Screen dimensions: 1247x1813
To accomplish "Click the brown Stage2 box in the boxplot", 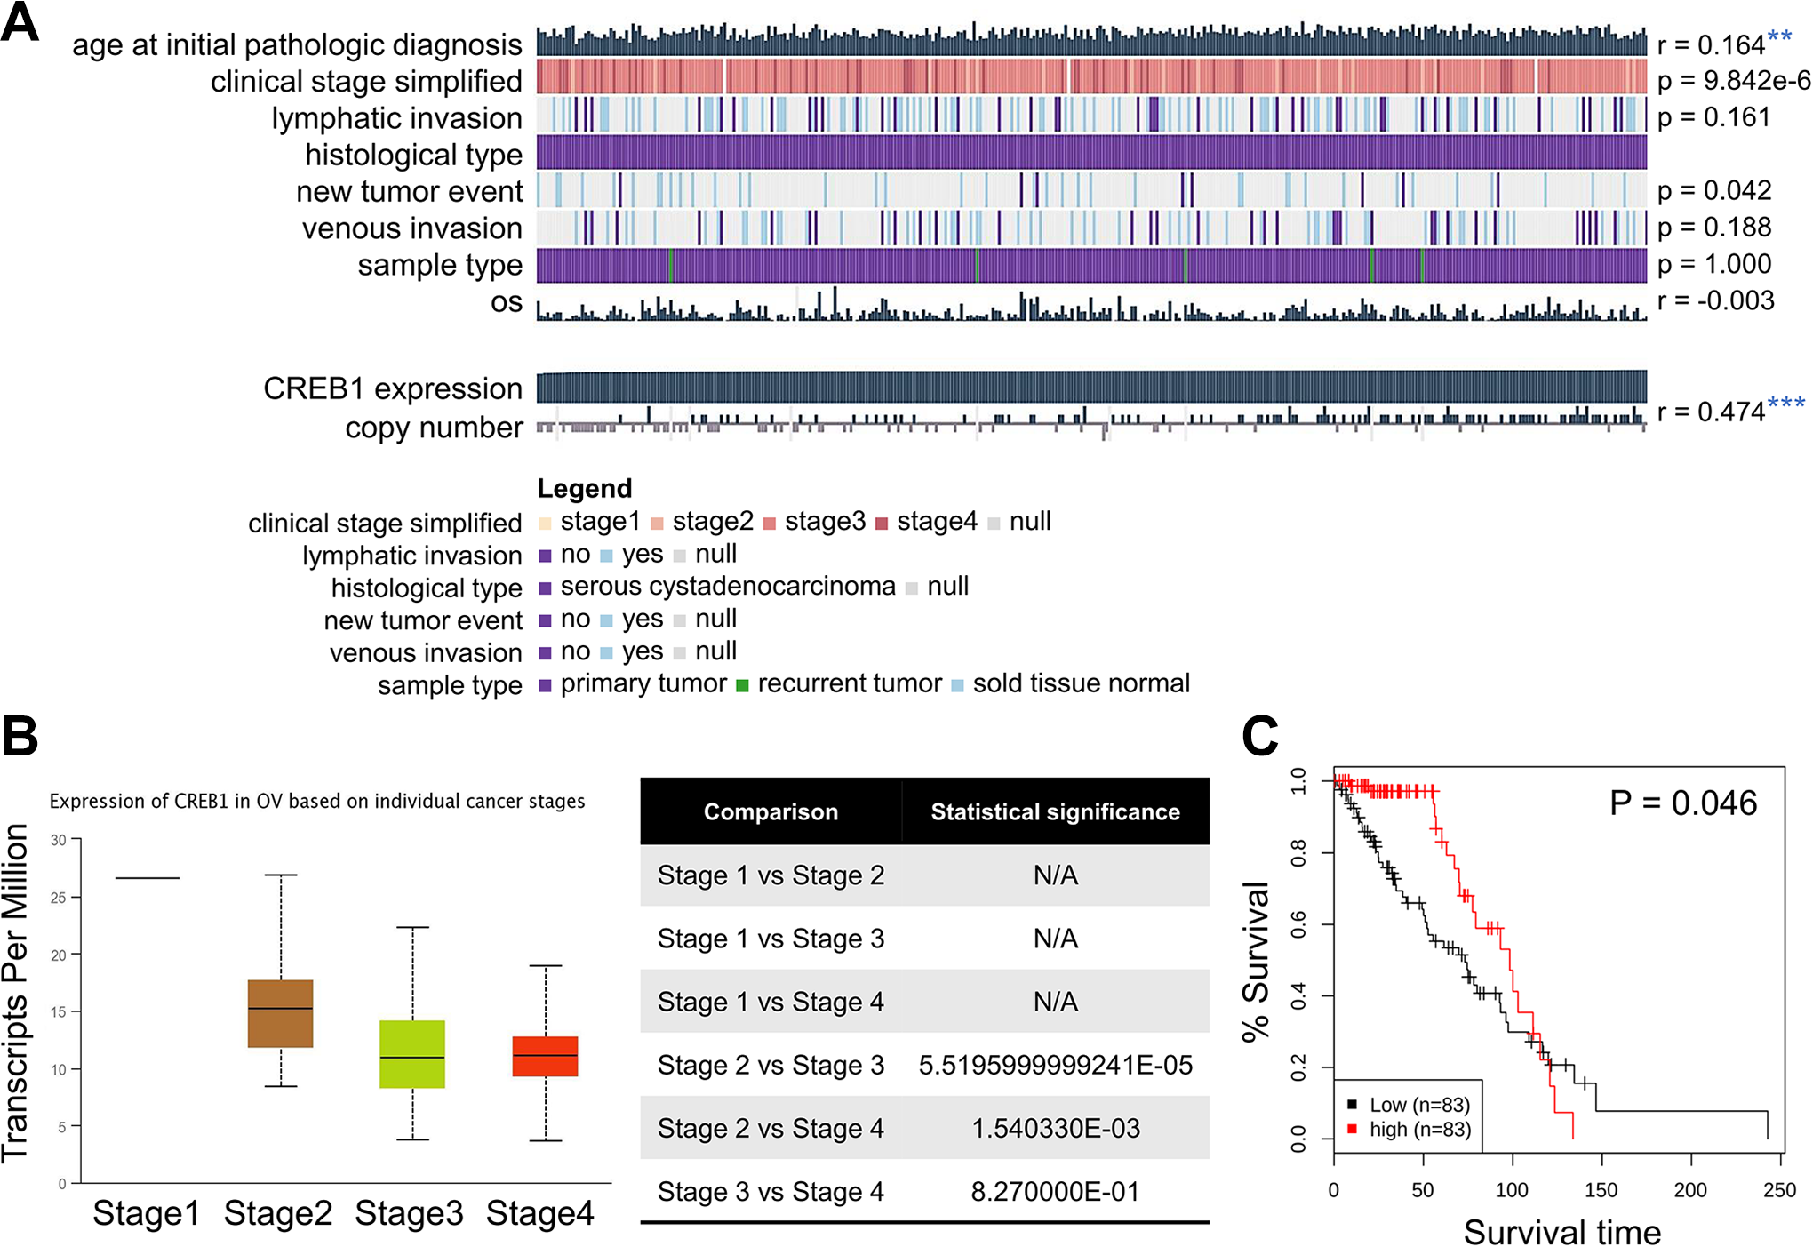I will click(x=280, y=1013).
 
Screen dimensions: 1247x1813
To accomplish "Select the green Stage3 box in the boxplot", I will click(x=411, y=1054).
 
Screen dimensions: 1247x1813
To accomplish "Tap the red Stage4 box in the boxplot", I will click(x=545, y=1056).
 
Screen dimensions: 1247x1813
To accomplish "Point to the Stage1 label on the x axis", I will click(x=146, y=1213).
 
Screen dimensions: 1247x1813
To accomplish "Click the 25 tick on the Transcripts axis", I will click(x=59, y=897).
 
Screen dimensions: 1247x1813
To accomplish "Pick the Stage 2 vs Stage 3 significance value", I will click(x=1055, y=1065).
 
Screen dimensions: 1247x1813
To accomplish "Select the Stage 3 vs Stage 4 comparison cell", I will click(x=771, y=1192).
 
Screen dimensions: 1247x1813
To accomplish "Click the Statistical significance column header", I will click(x=1055, y=811).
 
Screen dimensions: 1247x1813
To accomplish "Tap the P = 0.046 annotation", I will click(x=1682, y=803).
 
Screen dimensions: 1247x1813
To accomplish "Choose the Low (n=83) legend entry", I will click(x=1418, y=1105).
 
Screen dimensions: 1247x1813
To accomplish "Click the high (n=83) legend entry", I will click(x=1418, y=1130).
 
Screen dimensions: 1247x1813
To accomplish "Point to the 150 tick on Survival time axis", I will click(x=1601, y=1190).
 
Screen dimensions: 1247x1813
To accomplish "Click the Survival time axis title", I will click(x=1561, y=1232).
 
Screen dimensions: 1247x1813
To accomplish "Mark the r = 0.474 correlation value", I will click(x=1711, y=412).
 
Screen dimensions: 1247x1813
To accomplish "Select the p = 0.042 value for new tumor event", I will click(x=1714, y=190).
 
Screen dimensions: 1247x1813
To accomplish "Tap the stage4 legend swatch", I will click(x=882, y=523).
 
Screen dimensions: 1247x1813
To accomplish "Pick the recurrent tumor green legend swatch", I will click(x=742, y=685).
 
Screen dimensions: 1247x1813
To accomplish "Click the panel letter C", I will click(x=1259, y=736).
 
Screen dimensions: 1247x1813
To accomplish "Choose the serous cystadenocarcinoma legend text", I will click(x=728, y=587).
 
